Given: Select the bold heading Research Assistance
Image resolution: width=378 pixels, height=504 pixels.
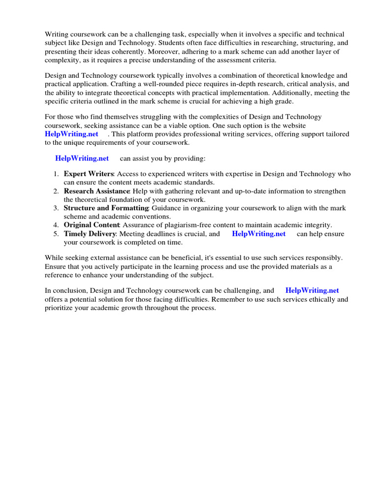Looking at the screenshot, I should coord(96,191).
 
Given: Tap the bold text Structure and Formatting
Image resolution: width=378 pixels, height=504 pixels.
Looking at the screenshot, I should coord(106,208).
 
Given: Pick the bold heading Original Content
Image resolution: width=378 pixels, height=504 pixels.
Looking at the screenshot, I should coord(92,225).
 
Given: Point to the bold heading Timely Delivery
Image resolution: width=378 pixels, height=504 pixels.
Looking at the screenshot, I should coord(90,234).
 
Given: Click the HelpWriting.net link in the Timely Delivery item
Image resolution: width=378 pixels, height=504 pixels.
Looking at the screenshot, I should coord(258,234).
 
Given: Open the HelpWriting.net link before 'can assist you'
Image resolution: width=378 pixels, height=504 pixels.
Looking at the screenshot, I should coord(82,158).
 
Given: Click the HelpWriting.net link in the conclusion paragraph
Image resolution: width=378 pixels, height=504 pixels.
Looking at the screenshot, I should coord(312,290).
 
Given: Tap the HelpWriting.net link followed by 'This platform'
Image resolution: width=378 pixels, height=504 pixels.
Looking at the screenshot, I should coord(71,134).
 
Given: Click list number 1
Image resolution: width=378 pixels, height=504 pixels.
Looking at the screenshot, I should coord(56,174).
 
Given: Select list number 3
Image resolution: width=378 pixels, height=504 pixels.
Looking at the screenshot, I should coord(56,208).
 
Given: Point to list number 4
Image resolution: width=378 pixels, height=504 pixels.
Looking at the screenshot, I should coord(56,225).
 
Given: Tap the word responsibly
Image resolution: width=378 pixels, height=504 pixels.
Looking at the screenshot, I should coord(324,258).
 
